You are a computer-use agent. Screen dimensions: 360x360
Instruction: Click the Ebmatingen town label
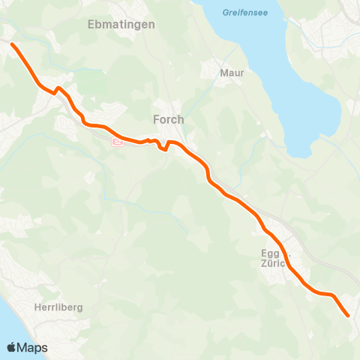(x=121, y=25)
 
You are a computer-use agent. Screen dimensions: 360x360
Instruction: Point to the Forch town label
(x=168, y=119)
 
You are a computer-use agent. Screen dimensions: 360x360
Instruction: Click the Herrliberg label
(x=58, y=307)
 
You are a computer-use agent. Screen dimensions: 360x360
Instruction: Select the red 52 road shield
(x=117, y=140)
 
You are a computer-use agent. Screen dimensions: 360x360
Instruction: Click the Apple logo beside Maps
(x=13, y=347)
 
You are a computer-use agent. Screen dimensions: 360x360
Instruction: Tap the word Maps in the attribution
(x=34, y=347)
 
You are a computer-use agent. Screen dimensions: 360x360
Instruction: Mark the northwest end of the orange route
(x=13, y=45)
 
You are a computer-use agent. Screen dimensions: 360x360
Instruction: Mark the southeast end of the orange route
(x=348, y=316)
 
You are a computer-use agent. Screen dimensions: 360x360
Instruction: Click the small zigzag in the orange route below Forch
(x=161, y=145)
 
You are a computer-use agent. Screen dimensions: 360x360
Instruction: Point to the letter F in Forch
(x=155, y=119)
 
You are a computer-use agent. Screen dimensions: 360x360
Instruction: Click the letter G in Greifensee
(x=225, y=13)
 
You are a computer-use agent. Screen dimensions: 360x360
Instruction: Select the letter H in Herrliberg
(x=37, y=307)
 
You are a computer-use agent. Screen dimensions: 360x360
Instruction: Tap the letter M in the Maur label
(x=222, y=73)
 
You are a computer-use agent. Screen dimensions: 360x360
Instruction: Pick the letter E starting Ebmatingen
(x=91, y=25)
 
